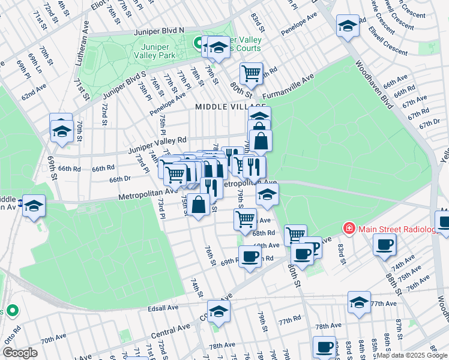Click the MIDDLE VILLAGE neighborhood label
(221, 106)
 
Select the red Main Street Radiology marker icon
(349, 228)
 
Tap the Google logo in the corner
(20, 353)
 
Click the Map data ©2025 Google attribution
(412, 355)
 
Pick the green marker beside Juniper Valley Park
(197, 43)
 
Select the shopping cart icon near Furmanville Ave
(251, 74)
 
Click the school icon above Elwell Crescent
(347, 26)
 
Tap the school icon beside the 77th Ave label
(359, 302)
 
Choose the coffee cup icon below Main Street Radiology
(384, 244)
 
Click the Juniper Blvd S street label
(125, 87)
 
